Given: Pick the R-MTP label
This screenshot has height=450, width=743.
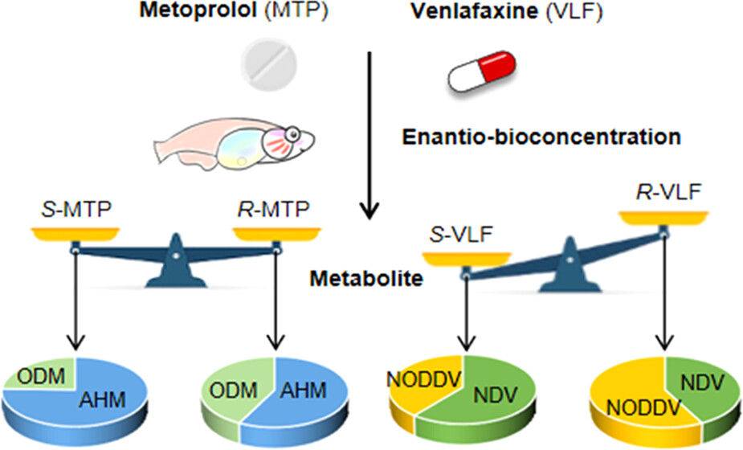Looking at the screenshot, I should click(276, 212).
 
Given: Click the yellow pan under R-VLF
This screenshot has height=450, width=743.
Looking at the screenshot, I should click(663, 217).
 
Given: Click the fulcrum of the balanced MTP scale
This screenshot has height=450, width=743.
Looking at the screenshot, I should click(175, 265).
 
